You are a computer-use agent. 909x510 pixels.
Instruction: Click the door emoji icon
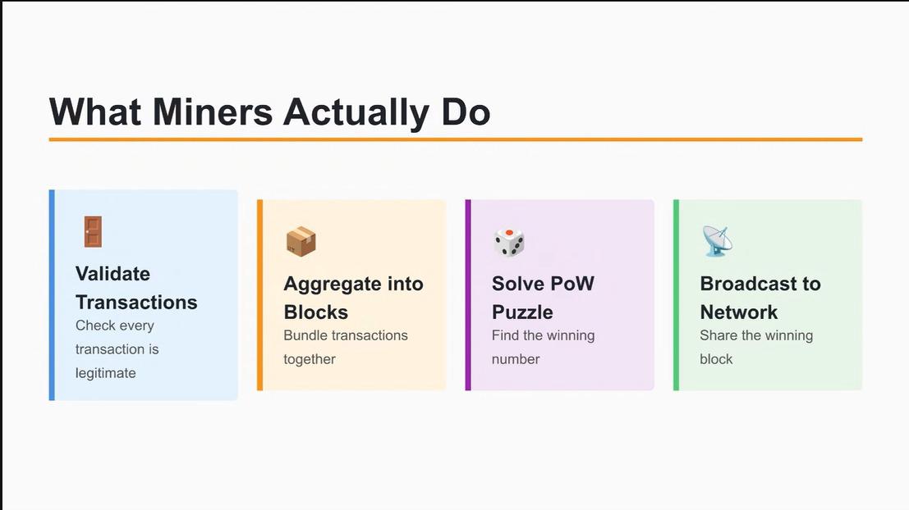[91, 232]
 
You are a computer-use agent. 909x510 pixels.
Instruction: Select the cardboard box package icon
[301, 242]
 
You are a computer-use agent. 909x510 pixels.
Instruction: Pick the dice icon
[509, 242]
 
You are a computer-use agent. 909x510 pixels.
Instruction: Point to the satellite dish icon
[717, 242]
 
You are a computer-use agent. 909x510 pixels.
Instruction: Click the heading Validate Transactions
[136, 288]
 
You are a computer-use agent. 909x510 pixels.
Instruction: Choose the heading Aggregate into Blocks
[353, 298]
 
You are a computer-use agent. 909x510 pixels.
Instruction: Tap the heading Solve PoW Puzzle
[543, 298]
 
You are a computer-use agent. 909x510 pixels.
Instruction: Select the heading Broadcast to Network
[760, 298]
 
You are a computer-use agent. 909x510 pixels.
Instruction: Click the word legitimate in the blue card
[106, 373]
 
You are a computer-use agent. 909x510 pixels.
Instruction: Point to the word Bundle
[305, 335]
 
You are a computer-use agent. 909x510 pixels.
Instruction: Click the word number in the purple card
[516, 359]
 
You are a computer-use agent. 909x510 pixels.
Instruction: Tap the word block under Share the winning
[716, 359]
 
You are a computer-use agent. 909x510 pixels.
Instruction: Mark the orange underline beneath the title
[455, 139]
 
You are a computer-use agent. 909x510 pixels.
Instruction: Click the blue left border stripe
[52, 295]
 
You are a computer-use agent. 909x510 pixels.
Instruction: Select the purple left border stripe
[468, 295]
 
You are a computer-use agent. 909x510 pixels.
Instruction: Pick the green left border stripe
[677, 295]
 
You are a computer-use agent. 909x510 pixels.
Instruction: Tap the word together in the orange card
[310, 359]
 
